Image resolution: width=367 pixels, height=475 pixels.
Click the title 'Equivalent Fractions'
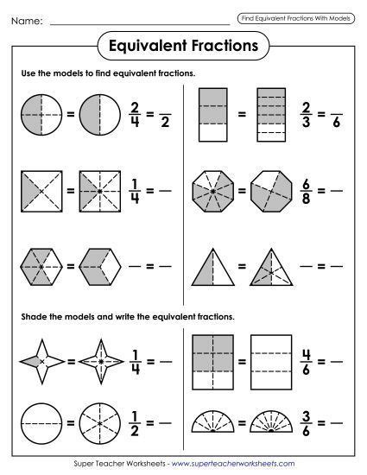coord(183,42)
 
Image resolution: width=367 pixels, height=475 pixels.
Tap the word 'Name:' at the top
coord(28,19)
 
